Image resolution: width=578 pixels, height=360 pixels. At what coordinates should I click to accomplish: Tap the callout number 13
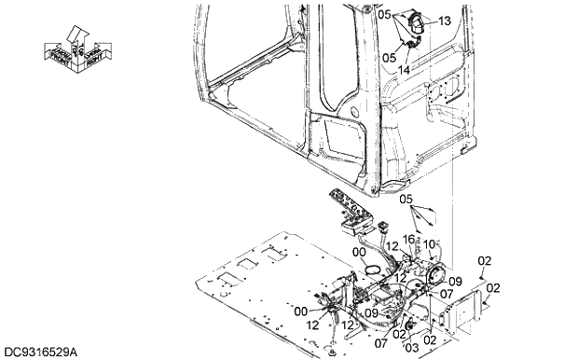point(444,21)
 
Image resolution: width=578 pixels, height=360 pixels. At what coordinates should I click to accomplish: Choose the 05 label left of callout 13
point(385,14)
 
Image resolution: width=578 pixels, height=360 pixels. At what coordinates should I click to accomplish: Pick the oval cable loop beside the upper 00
point(374,270)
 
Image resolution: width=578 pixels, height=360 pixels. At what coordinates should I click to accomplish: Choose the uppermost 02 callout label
point(484,261)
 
